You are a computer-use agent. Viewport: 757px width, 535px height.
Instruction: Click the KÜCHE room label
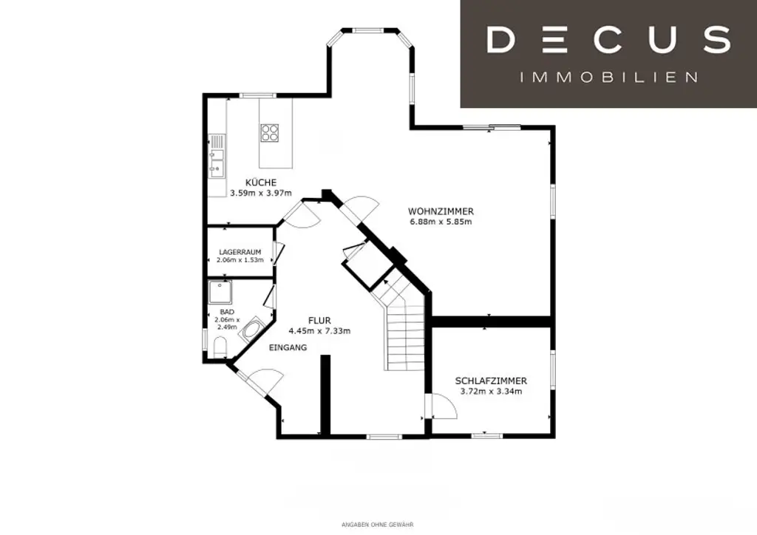[x=262, y=183]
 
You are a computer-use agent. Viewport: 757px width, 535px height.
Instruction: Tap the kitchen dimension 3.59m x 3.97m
[x=262, y=193]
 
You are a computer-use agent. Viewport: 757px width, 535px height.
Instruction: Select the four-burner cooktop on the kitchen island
[x=270, y=132]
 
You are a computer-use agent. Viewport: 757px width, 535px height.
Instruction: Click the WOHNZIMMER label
[x=441, y=211]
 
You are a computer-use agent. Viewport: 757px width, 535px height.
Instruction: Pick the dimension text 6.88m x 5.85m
[x=441, y=222]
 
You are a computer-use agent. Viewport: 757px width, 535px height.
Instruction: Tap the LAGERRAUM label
[x=240, y=252]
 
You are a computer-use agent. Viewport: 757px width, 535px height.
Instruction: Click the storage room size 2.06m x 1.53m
[x=240, y=260]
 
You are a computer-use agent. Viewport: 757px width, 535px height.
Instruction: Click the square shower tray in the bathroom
[x=220, y=293]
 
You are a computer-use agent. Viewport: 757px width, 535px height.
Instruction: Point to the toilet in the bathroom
[x=220, y=347]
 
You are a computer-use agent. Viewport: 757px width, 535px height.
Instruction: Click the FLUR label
[x=319, y=320]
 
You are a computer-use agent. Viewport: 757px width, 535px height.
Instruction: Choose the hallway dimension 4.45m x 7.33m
[x=319, y=330]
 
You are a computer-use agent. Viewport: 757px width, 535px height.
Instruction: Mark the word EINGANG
[x=288, y=347]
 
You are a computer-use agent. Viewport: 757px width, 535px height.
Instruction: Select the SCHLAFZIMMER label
[x=491, y=381]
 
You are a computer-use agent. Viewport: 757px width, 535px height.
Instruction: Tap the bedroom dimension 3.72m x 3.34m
[x=491, y=392]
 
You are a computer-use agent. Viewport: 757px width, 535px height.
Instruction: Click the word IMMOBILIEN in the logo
[x=609, y=77]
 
